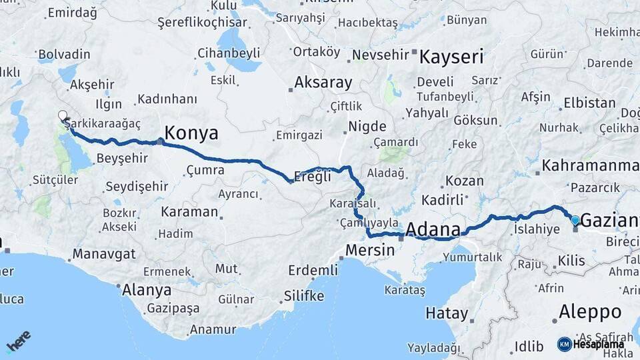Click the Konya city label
coord(191,133)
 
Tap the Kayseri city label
coord(451,57)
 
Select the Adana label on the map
coord(432,230)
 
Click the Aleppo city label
coord(589,311)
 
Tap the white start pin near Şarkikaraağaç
coord(63,116)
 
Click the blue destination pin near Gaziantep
coord(575,220)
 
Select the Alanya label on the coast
coord(146,290)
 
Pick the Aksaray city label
coord(323,83)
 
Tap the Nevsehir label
coord(379,55)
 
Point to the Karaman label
coord(189,212)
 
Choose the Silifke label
coord(304,296)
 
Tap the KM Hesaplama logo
coord(591,344)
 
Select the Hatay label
coord(447,313)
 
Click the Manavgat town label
coord(104,254)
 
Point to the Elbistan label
coord(589,103)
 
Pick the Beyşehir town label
coord(122,158)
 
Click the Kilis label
coord(571,260)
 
